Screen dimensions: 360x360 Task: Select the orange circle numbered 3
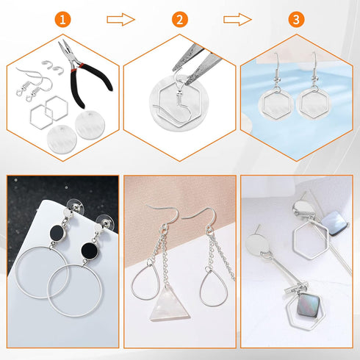click(295, 20)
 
